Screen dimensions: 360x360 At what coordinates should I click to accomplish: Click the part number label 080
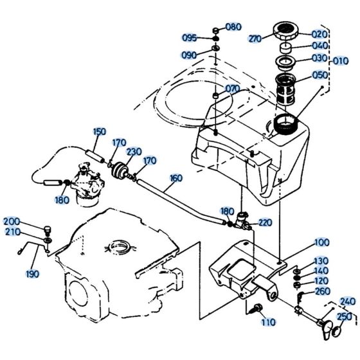point(233,27)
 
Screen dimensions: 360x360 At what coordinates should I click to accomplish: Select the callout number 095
point(189,37)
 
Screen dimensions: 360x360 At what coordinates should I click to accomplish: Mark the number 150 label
point(99,132)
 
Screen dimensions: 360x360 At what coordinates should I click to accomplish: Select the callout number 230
point(134,152)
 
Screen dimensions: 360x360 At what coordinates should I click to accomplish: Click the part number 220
point(265,222)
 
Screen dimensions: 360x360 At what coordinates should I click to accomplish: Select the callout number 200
point(14,221)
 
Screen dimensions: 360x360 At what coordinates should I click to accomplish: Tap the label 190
point(32,274)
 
